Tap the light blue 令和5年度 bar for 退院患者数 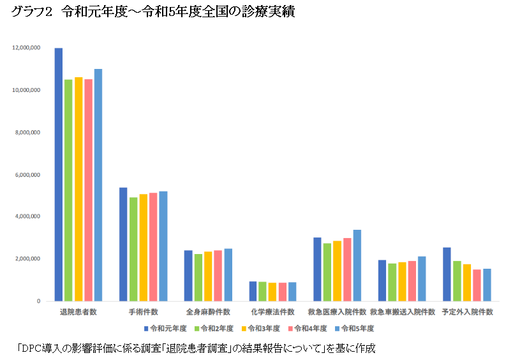(98, 185)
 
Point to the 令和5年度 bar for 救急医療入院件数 (357, 266)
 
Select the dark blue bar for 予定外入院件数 (447, 274)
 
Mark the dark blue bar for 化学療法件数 (253, 291)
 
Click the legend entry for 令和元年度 (166, 328)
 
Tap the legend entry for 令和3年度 (262, 328)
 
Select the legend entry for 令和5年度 (358, 328)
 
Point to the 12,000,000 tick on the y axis (26, 48)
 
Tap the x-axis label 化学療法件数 (272, 312)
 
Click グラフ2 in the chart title (31, 13)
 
